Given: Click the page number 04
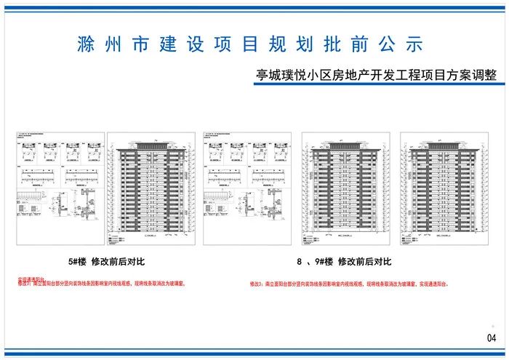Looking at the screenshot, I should click(491, 337).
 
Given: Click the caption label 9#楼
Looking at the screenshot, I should click(324, 261).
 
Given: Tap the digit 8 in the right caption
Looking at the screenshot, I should click(299, 261).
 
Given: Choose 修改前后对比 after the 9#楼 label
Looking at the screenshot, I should click(365, 261).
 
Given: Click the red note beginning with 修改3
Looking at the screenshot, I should click(349, 284).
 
